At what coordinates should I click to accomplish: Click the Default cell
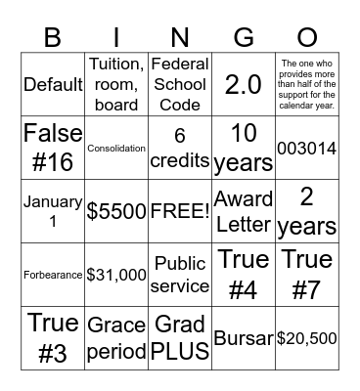[53, 84]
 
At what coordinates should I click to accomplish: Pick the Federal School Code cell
[180, 84]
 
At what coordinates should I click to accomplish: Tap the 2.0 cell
[244, 84]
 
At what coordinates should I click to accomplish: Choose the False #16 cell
[53, 148]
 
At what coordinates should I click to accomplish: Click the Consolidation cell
[116, 148]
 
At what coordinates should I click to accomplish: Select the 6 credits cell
[180, 148]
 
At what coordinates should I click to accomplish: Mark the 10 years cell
[244, 148]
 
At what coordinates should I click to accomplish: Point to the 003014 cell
[307, 148]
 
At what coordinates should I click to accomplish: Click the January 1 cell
[53, 211]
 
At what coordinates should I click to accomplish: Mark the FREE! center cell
[180, 211]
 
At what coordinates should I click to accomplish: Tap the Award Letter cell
[244, 211]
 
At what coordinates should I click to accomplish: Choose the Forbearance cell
[53, 275]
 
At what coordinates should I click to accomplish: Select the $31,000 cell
[116, 275]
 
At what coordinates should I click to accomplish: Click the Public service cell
[180, 275]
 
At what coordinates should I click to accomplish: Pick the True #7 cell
[307, 275]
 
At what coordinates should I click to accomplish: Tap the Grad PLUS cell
[180, 338]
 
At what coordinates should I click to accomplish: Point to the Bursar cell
[244, 338]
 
